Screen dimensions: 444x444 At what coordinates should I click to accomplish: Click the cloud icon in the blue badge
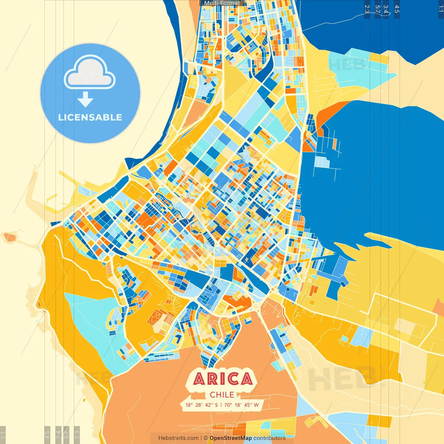click(90, 74)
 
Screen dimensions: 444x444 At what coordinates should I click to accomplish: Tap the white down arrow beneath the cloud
click(85, 100)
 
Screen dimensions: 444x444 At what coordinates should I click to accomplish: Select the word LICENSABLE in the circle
click(90, 117)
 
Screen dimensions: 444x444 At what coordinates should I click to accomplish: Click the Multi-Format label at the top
click(222, 3)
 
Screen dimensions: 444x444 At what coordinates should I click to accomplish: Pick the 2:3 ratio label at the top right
click(367, 9)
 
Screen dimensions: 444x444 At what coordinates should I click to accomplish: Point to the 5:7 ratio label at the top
click(377, 9)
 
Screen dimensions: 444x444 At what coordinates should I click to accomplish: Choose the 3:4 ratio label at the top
click(386, 9)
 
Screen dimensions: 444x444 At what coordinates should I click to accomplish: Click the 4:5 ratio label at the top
click(397, 9)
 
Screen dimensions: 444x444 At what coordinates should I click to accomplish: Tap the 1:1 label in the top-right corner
click(441, 9)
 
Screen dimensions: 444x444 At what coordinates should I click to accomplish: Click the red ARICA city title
click(222, 379)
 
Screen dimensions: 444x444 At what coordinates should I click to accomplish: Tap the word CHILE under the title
click(222, 395)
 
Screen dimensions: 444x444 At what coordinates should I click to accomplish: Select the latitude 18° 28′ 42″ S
click(202, 405)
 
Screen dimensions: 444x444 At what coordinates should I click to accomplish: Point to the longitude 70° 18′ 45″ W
click(242, 405)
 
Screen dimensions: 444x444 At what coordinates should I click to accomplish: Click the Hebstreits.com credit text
click(178, 438)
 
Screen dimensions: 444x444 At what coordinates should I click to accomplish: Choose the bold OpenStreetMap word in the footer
click(231, 438)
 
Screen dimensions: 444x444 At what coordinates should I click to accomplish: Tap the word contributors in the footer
click(270, 438)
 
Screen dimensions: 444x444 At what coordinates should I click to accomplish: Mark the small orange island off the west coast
click(9, 237)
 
